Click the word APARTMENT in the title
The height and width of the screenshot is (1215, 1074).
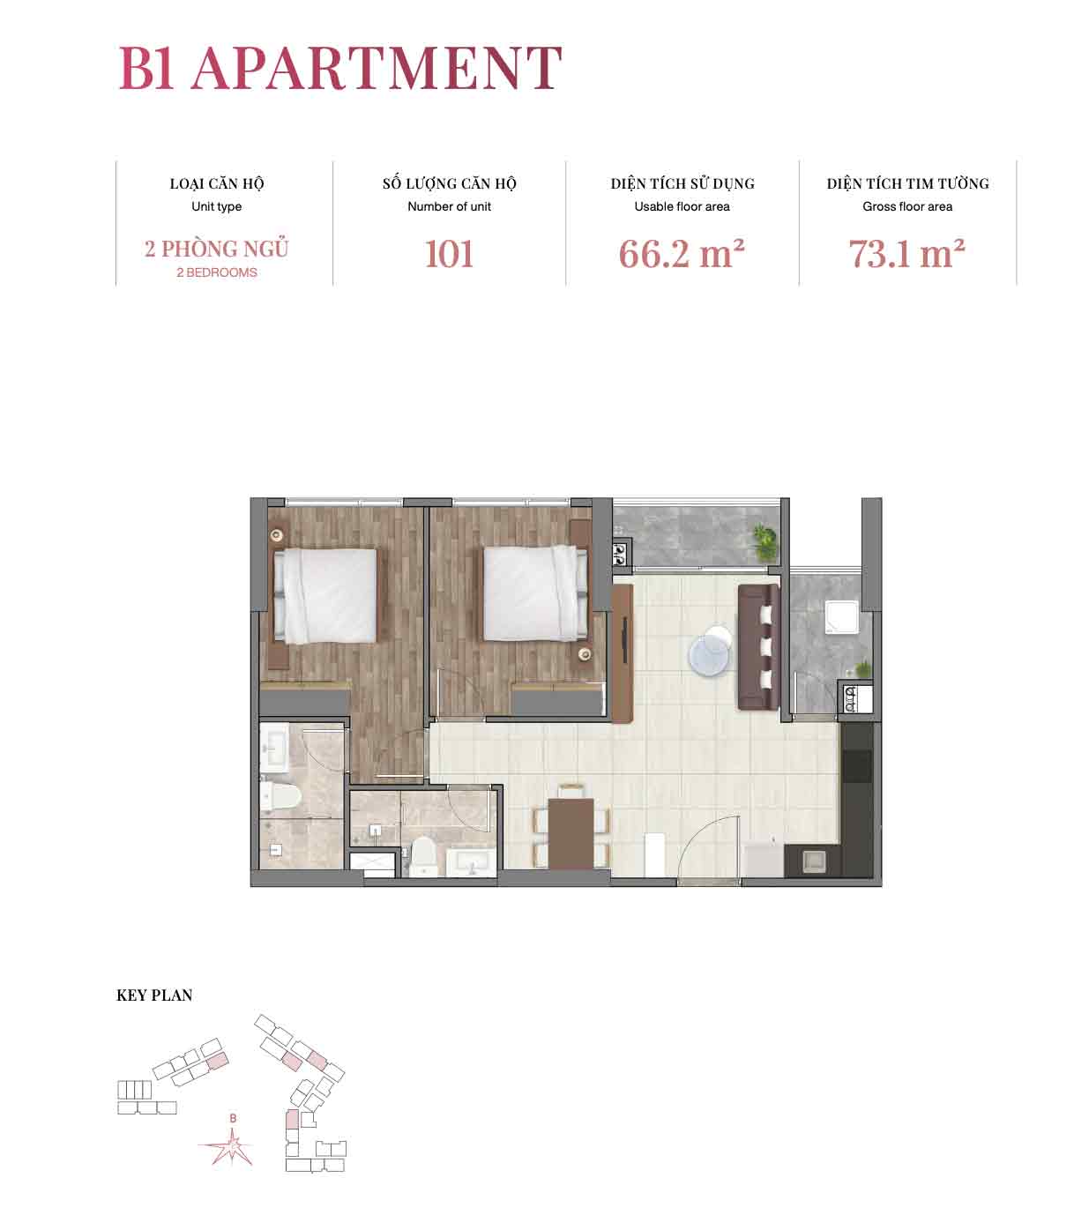(377, 68)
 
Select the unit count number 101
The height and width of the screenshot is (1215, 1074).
(449, 254)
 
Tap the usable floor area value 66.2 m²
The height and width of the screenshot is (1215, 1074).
(682, 254)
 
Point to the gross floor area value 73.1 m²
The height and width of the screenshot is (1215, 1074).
(906, 254)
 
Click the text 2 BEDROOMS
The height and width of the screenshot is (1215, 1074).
(217, 272)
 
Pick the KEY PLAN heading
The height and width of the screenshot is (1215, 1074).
(154, 995)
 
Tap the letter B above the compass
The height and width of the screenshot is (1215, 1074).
(234, 1118)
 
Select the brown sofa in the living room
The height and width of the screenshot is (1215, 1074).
(758, 648)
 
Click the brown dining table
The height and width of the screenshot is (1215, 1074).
(571, 833)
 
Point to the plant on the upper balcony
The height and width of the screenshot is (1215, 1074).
(764, 543)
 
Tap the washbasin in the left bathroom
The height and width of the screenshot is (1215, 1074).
(274, 747)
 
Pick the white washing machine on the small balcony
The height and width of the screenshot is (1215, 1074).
(841, 618)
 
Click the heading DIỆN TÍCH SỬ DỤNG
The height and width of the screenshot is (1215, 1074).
(682, 183)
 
